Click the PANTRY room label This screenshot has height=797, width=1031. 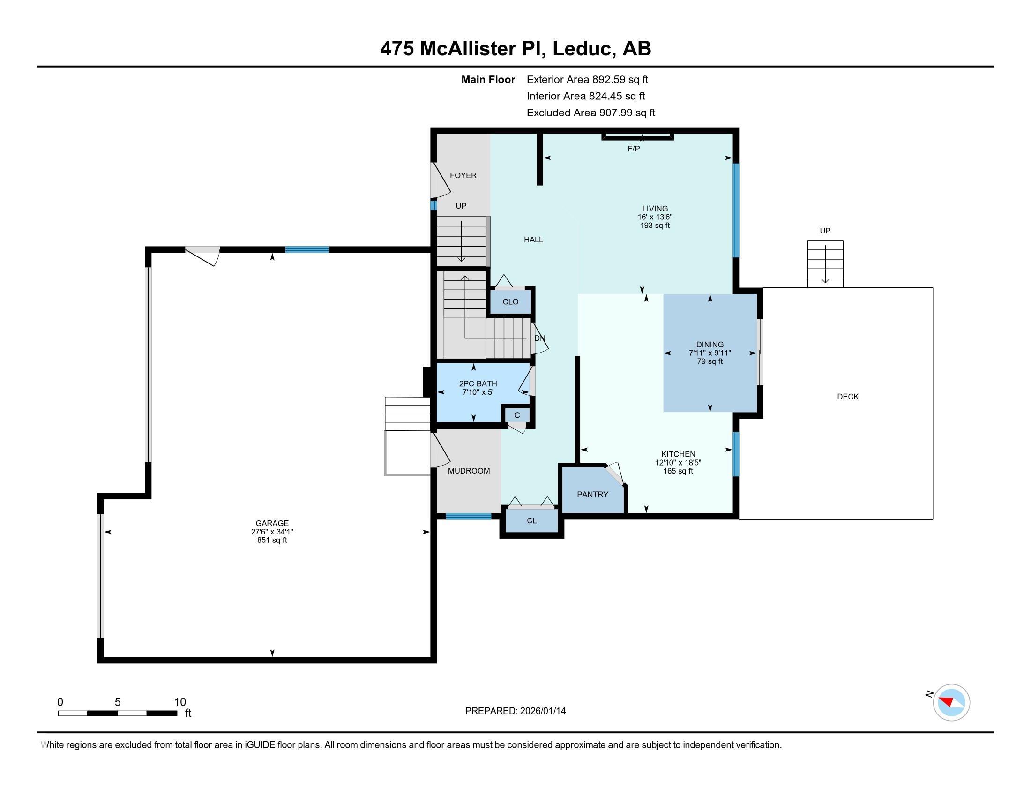[592, 494]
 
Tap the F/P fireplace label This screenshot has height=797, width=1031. [634, 149]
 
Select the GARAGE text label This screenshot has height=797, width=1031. [272, 523]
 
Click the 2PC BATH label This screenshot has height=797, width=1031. [478, 384]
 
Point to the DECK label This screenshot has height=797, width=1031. [847, 397]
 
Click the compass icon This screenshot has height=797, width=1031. [951, 702]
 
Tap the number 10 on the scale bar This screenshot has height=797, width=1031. [180, 702]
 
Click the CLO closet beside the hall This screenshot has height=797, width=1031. [510, 302]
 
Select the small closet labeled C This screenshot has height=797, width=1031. [517, 415]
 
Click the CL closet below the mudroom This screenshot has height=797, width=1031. [531, 521]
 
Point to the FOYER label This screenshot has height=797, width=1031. [463, 175]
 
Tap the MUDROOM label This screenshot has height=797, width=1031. [469, 471]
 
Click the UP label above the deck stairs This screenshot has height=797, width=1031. [825, 231]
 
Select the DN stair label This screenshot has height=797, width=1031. [539, 338]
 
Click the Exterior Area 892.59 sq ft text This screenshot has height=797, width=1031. [587, 79]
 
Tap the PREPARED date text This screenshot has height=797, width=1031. [515, 711]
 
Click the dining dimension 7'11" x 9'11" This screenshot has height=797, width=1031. [710, 353]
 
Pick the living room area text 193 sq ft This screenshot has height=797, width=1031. [655, 226]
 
